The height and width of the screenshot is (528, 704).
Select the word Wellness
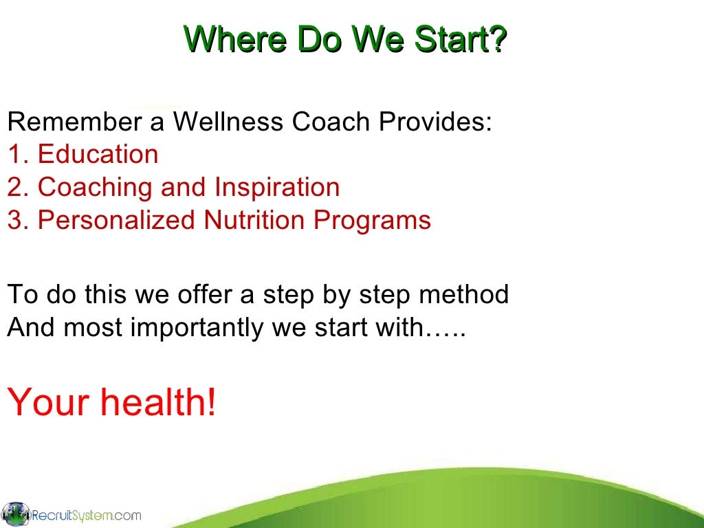point(228,122)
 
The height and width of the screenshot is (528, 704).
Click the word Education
point(98,154)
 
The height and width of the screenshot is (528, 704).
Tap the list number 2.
point(14,187)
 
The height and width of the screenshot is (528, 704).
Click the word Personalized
point(116,220)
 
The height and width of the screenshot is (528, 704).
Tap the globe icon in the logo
point(15,514)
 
